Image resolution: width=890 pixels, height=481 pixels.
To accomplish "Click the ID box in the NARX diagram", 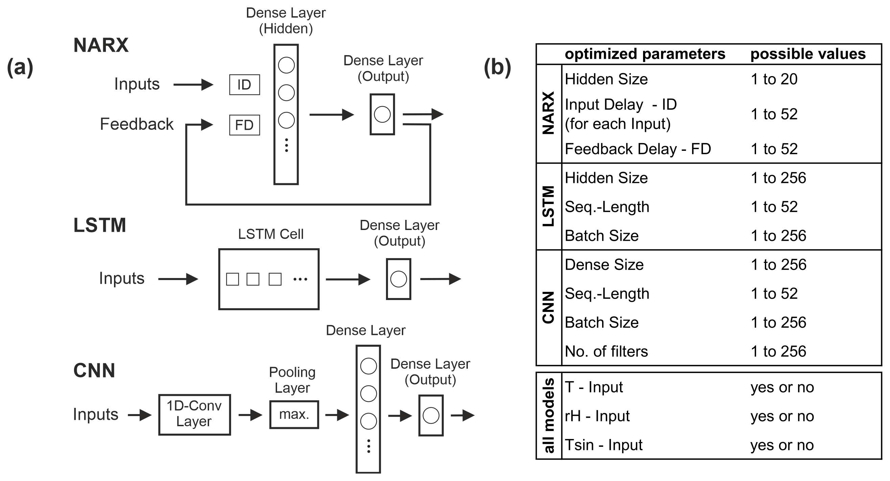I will [x=244, y=85].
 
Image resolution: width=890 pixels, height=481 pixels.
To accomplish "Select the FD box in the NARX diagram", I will [x=244, y=125].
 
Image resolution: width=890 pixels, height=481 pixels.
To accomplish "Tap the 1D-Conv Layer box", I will [x=195, y=414].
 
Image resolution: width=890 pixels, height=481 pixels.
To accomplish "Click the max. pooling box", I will [x=294, y=414].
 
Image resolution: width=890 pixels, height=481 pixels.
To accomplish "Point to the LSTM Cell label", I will [x=271, y=234].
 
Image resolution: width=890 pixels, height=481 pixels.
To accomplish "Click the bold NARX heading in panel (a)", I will [x=101, y=45].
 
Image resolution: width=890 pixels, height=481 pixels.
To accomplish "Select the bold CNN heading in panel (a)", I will [x=94, y=371].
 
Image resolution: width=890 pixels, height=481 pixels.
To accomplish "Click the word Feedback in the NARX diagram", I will [x=136, y=124].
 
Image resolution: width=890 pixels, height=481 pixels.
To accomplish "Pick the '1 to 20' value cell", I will [x=774, y=79].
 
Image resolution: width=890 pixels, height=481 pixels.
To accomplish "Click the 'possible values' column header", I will [x=808, y=54].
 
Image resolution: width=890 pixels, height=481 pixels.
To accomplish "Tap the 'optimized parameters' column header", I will [x=645, y=54].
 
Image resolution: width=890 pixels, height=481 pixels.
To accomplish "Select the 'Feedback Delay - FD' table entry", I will [x=638, y=149].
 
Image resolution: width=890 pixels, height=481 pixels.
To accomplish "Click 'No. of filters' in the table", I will [x=606, y=351].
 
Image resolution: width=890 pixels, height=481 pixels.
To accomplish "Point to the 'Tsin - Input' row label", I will [x=603, y=445].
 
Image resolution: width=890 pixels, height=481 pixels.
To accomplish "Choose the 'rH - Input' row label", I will [x=597, y=416].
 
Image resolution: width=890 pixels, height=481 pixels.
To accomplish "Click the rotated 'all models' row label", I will [x=549, y=416].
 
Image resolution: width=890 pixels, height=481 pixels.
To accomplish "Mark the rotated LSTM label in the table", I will [x=549, y=206].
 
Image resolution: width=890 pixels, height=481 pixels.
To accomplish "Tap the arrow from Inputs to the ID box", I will [x=193, y=85].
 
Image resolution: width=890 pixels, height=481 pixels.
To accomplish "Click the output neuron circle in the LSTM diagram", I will [x=398, y=279].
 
